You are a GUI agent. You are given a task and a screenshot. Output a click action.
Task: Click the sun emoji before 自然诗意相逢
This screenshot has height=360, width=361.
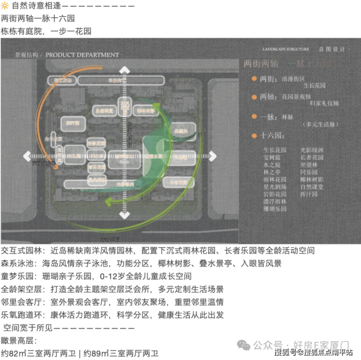click(x=5, y=6)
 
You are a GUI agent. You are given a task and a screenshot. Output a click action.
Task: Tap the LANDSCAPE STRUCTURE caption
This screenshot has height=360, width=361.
click(x=285, y=49)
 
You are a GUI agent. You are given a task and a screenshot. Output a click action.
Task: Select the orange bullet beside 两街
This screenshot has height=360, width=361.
click(x=254, y=78)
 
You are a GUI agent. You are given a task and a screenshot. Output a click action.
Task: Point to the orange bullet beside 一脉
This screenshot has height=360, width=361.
click(x=254, y=117)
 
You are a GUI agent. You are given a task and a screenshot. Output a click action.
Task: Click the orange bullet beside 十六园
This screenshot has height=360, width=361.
click(x=254, y=135)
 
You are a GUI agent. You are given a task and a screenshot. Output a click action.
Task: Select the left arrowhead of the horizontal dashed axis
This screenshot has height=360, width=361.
click(x=27, y=156)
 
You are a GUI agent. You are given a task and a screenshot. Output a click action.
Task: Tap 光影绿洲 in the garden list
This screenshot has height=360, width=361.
click(x=312, y=150)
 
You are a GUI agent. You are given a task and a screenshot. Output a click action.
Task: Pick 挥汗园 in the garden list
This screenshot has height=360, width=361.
click(x=309, y=194)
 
